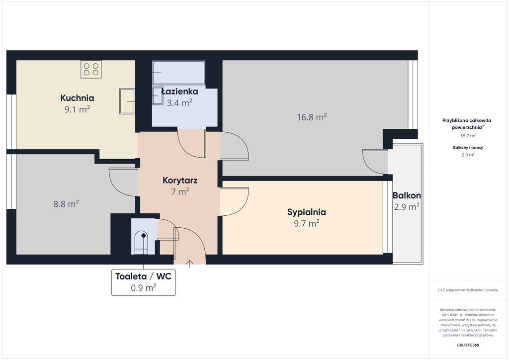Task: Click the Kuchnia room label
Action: click(x=77, y=98)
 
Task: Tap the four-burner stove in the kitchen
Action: click(x=91, y=69)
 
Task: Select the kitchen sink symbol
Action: click(x=127, y=101)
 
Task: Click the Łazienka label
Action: click(x=180, y=91)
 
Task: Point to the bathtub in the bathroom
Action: click(x=178, y=73)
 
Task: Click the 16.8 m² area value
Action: click(x=312, y=117)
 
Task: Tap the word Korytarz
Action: click(x=180, y=180)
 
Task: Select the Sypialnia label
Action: click(x=306, y=212)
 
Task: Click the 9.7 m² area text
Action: click(x=306, y=223)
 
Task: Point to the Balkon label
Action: click(x=407, y=195)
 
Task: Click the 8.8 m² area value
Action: click(x=66, y=204)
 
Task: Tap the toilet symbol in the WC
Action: click(x=141, y=243)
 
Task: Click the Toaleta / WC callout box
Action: click(x=144, y=282)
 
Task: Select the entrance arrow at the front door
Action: click(x=189, y=264)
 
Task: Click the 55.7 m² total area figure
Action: click(x=468, y=136)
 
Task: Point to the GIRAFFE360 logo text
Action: click(x=468, y=345)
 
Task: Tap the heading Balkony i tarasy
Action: click(x=468, y=147)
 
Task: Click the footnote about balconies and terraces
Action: click(x=468, y=290)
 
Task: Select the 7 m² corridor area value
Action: click(x=180, y=191)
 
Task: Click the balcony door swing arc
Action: click(x=370, y=164)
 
